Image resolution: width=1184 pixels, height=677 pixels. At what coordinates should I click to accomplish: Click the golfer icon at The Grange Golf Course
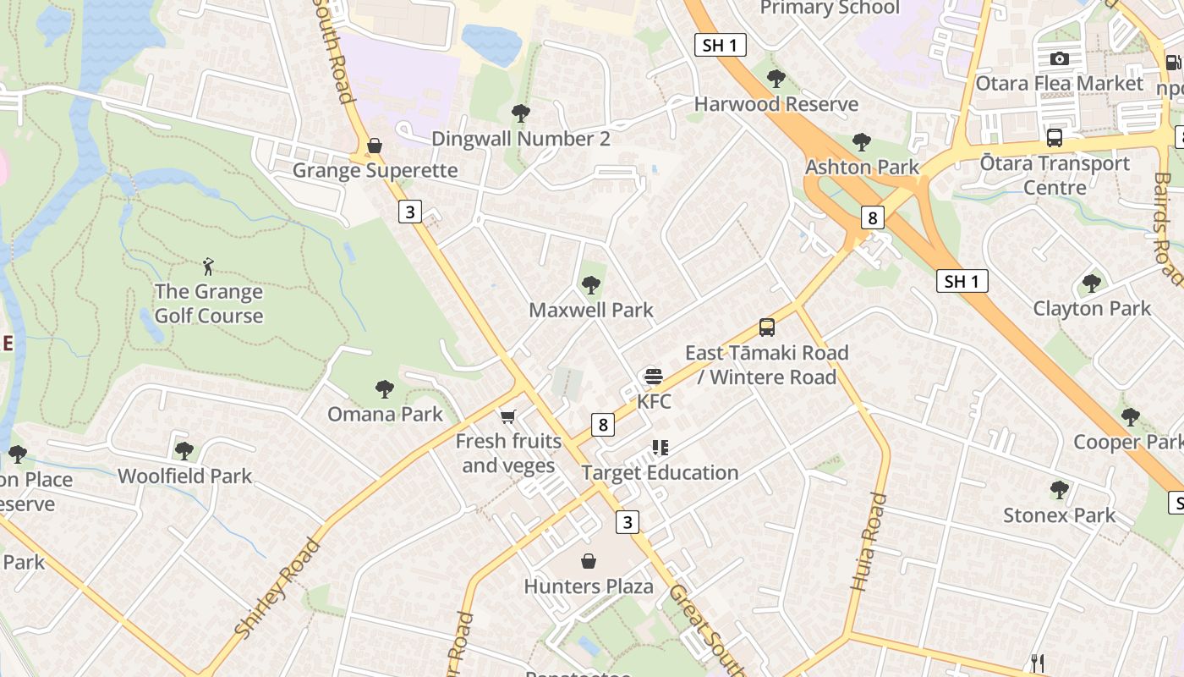(209, 267)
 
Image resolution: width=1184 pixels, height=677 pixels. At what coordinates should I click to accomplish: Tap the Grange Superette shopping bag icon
(375, 146)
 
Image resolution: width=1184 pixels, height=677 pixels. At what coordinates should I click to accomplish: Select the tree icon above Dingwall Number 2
(521, 113)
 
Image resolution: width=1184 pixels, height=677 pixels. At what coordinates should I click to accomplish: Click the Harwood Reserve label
(776, 104)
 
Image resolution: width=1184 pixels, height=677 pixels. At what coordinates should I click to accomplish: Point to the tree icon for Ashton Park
(862, 141)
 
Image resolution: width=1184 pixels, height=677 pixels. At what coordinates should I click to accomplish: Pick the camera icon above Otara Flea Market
(1059, 58)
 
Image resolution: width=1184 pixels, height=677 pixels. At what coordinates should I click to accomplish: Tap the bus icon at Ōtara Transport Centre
(1055, 137)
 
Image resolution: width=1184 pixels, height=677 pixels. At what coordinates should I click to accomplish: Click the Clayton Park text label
(1092, 309)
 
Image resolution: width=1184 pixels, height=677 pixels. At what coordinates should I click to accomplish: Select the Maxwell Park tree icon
(590, 285)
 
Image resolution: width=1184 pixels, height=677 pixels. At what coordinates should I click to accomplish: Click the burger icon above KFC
(653, 376)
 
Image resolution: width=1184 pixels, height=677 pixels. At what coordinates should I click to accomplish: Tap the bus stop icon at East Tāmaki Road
(767, 327)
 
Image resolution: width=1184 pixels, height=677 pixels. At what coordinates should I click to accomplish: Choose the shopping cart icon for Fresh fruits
(507, 416)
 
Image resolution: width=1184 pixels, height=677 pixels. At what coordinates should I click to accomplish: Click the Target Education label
(660, 472)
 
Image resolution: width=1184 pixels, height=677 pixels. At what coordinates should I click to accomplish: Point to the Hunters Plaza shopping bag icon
(589, 561)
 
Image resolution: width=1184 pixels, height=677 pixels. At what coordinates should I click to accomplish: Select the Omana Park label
(385, 414)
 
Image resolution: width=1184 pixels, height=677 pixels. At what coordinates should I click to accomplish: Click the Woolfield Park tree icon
(184, 451)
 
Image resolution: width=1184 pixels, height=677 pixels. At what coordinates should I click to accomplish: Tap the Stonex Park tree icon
(1059, 489)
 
